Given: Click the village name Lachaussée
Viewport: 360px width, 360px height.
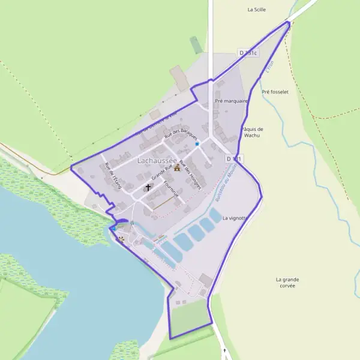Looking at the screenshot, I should pos(157,161).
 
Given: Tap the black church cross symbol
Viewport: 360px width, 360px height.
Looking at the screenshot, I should pos(148,187).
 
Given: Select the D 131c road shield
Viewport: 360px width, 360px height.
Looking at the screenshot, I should pos(248,53).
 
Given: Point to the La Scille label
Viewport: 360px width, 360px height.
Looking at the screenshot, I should pos(256,10).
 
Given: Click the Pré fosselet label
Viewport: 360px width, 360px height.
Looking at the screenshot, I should pos(275,92).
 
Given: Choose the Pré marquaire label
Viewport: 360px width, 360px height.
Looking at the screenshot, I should pos(231,101).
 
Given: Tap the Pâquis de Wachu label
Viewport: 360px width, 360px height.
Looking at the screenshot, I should pos(252,132).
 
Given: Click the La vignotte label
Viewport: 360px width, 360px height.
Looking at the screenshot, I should pos(235,218).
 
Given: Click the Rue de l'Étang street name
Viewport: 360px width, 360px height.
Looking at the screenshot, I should pos(113,176).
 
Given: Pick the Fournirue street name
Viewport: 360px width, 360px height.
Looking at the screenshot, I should pos(170,190).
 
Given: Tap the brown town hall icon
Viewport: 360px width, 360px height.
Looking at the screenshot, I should pos(176,168).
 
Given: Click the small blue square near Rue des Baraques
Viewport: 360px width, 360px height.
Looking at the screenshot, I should pos(197,144).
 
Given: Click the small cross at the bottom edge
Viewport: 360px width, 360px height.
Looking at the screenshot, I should pos(225,350).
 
